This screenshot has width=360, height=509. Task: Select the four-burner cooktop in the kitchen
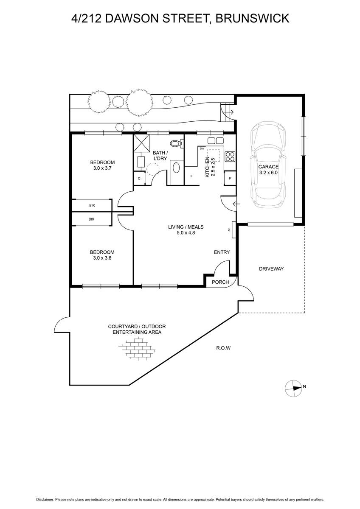coord(230,157)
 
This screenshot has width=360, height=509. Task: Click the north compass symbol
coord(294,389)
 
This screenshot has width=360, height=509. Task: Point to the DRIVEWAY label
coord(271,268)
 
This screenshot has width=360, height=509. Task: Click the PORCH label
coord(220,282)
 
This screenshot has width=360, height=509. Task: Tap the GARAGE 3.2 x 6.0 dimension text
coord(268,170)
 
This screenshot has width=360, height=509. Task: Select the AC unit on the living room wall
coord(234,229)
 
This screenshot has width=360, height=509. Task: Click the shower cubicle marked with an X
coord(141,143)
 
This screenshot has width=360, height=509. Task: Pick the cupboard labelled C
coord(139,179)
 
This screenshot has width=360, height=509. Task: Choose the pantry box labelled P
coord(230,178)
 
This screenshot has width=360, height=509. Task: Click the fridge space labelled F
coord(191,176)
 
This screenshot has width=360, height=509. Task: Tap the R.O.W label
coord(223,348)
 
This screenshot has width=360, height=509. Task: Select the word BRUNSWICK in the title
coord(252,18)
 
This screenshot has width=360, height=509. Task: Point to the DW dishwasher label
coord(202,148)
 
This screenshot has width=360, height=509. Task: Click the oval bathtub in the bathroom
coord(177,168)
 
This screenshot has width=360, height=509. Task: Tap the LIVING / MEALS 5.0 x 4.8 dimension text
coord(186,229)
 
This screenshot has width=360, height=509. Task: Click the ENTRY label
coord(222,252)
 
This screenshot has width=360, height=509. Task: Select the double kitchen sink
coord(215,141)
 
